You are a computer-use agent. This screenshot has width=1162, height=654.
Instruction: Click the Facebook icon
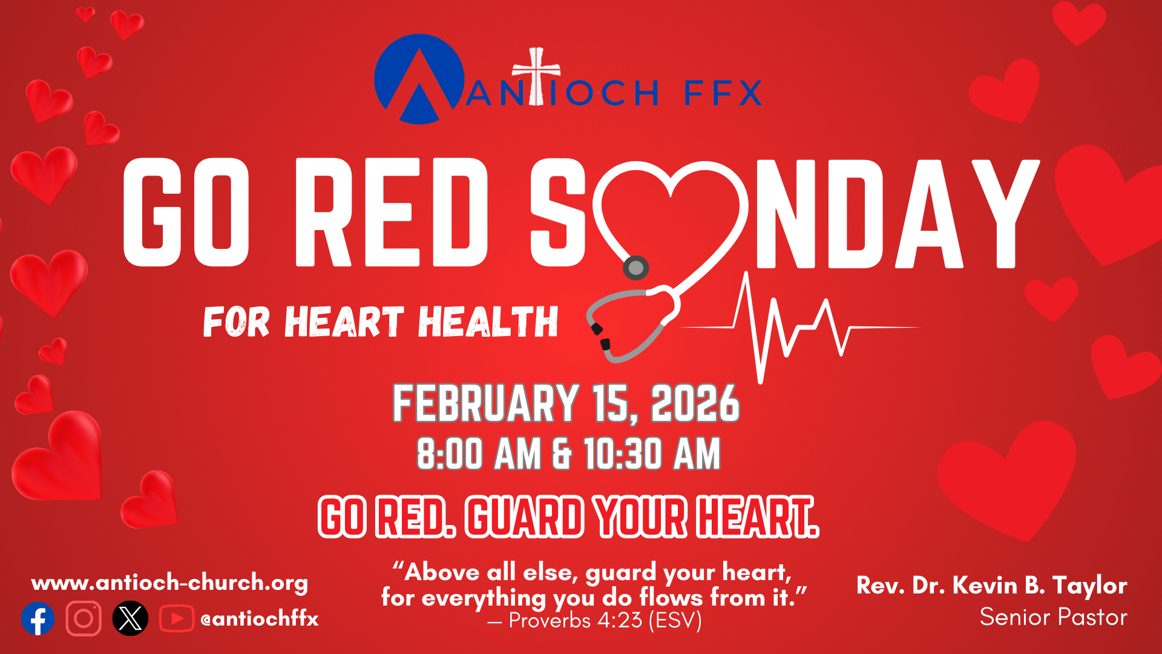[x=38, y=618]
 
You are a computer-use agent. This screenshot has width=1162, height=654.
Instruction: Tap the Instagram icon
[x=84, y=618]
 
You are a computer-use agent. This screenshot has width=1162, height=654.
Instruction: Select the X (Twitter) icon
[x=130, y=618]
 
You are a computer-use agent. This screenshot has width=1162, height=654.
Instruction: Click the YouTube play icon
[x=177, y=618]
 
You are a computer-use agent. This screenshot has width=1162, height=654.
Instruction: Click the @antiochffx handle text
[x=260, y=619]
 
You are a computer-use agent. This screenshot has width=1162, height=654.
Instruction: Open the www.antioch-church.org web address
[x=169, y=583]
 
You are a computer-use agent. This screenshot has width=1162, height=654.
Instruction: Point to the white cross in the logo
[x=536, y=76]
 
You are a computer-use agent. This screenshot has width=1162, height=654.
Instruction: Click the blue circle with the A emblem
[x=419, y=79]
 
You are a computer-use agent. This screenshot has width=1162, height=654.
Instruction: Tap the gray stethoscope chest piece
[x=635, y=267]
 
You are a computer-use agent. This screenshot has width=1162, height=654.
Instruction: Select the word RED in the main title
[x=392, y=213]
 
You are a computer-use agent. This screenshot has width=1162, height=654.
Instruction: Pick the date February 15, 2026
[x=566, y=403]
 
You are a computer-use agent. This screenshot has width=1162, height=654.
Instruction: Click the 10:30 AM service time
[x=652, y=454]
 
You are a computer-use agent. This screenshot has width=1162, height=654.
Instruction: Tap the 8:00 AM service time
[x=479, y=454]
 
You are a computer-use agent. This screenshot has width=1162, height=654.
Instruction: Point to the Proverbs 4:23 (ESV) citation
[x=594, y=621]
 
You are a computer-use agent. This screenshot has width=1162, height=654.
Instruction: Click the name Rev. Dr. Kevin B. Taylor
[x=992, y=585]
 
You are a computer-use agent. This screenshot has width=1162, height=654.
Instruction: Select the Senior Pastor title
[x=1054, y=617]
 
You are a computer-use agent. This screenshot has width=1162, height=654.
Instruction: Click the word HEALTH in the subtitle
[x=488, y=322]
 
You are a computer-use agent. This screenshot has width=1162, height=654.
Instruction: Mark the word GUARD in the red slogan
[x=524, y=517]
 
